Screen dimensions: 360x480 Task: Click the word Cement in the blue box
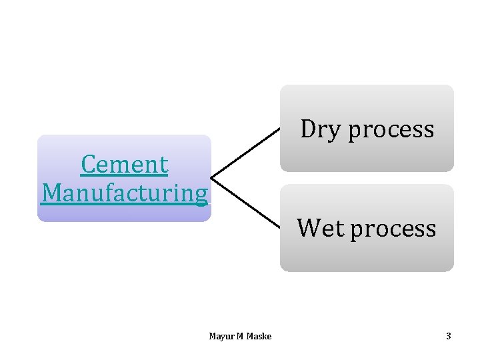pos(124,164)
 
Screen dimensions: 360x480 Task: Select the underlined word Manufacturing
pos(124,193)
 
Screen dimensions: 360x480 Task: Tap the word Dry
pos(321,129)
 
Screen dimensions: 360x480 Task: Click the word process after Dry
pos(391,129)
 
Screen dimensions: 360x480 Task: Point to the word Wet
pos(321,228)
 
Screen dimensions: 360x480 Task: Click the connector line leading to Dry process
pos(245,153)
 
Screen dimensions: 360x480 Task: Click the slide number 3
pos(449,336)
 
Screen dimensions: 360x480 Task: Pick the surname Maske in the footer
pos(259,336)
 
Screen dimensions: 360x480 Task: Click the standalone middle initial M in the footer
pos(239,336)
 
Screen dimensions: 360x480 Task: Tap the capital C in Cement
pos(87,164)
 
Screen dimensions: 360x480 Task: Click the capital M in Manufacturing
pos(51,193)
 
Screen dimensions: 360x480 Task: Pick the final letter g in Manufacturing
pos(201,195)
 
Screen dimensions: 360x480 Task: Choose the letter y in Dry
pos(336,131)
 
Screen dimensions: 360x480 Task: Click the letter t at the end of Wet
pos(340,228)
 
